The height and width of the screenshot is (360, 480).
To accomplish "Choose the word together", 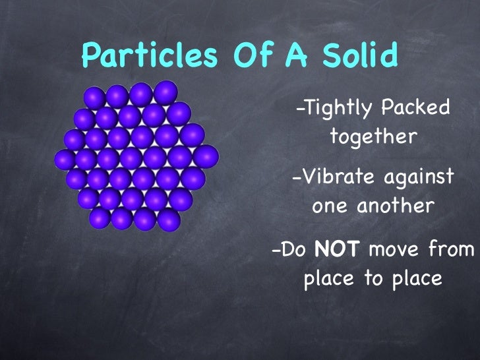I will click(x=373, y=138).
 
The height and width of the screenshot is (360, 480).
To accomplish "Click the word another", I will click(x=396, y=206).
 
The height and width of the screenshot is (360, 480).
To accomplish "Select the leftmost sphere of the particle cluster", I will click(x=64, y=158).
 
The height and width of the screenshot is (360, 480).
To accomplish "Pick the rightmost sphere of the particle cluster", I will click(x=207, y=157).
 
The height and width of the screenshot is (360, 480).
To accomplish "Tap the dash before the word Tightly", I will click(x=300, y=109).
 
